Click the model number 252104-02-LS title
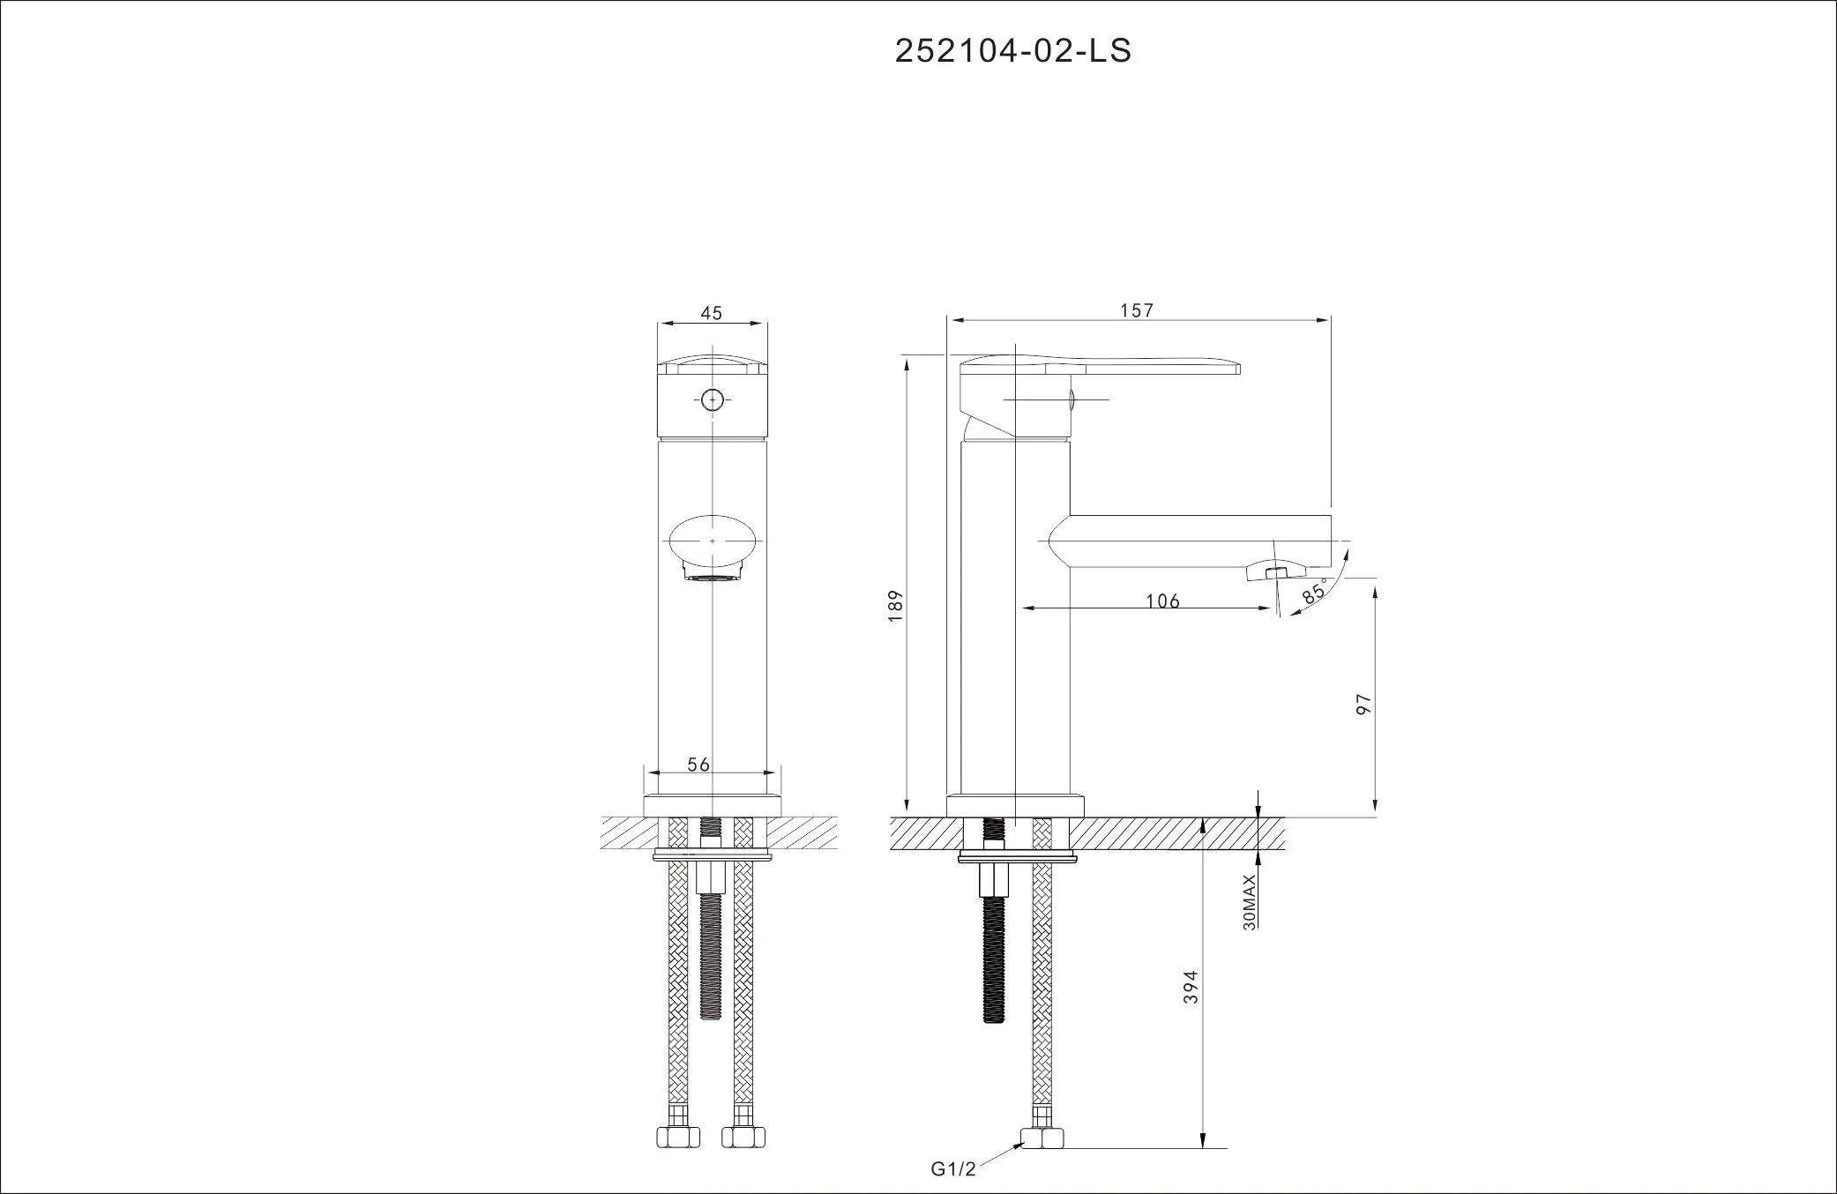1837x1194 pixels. (1012, 51)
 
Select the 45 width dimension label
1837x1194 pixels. (711, 313)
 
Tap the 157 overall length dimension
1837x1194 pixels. (1137, 310)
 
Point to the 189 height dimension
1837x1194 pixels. (896, 607)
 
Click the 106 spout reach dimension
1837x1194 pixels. (1162, 601)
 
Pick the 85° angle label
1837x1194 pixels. (1314, 592)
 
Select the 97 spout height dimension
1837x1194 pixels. (1364, 704)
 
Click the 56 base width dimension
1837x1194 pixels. (698, 765)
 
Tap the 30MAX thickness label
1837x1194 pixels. (1249, 902)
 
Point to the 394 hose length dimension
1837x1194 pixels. (1191, 987)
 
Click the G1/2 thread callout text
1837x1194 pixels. (953, 1169)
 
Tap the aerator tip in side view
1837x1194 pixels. (1274, 572)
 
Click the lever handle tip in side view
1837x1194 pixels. (1230, 367)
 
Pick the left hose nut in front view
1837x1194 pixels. (678, 1137)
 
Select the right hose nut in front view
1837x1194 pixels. (743, 1137)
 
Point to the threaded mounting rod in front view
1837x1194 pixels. (711, 957)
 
